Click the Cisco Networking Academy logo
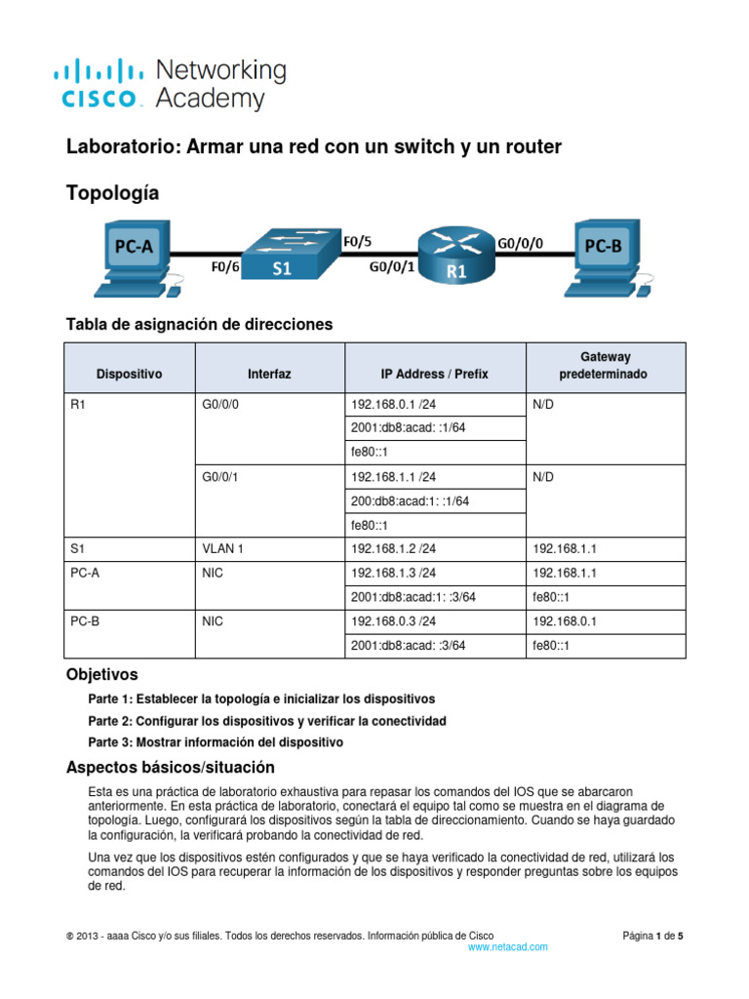coord(170,84)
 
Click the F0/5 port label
coord(358,236)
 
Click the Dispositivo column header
coord(130,374)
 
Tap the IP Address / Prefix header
coord(434,374)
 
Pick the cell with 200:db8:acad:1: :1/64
coord(410,500)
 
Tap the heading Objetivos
coord(101,674)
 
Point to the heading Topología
coord(111,193)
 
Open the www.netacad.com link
coord(508,946)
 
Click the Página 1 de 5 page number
coord(653,935)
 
